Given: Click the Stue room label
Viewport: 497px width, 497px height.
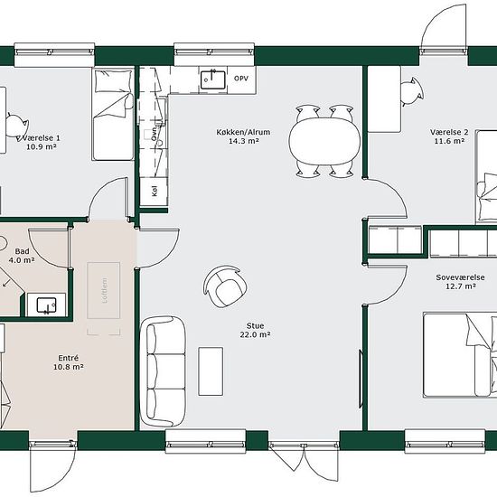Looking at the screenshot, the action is pyautogui.click(x=255, y=330).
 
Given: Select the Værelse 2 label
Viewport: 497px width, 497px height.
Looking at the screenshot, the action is pyautogui.click(x=449, y=136).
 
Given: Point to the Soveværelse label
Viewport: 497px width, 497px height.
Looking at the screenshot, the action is pyautogui.click(x=460, y=281).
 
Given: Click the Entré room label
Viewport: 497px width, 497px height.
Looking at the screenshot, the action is pyautogui.click(x=68, y=362).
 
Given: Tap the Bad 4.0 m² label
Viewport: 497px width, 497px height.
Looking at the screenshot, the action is pyautogui.click(x=22, y=256).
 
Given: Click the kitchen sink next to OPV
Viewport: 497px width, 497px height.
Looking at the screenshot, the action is pyautogui.click(x=213, y=80).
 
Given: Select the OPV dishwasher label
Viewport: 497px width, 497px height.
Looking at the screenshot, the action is pyautogui.click(x=241, y=79).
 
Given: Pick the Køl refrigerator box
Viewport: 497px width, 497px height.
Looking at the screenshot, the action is pyautogui.click(x=154, y=192).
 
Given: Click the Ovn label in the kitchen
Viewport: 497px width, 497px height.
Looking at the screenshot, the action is pyautogui.click(x=154, y=134).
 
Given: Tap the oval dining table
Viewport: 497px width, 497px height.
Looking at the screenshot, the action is pyautogui.click(x=324, y=141).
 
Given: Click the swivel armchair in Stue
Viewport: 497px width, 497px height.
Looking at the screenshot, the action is pyautogui.click(x=225, y=286).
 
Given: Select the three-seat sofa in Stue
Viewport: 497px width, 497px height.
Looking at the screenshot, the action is pyautogui.click(x=163, y=371).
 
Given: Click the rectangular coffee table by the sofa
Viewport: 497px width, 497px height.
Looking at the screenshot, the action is pyautogui.click(x=211, y=371).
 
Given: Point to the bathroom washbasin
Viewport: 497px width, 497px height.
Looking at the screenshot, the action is pyautogui.click(x=46, y=305).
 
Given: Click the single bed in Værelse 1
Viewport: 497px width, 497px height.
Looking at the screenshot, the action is pyautogui.click(x=113, y=114).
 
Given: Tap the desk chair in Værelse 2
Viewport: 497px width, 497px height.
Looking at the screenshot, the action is pyautogui.click(x=412, y=91).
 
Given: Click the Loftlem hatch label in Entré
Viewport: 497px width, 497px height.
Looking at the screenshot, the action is pyautogui.click(x=105, y=290).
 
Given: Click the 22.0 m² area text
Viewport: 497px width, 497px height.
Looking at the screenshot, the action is pyautogui.click(x=255, y=334).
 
